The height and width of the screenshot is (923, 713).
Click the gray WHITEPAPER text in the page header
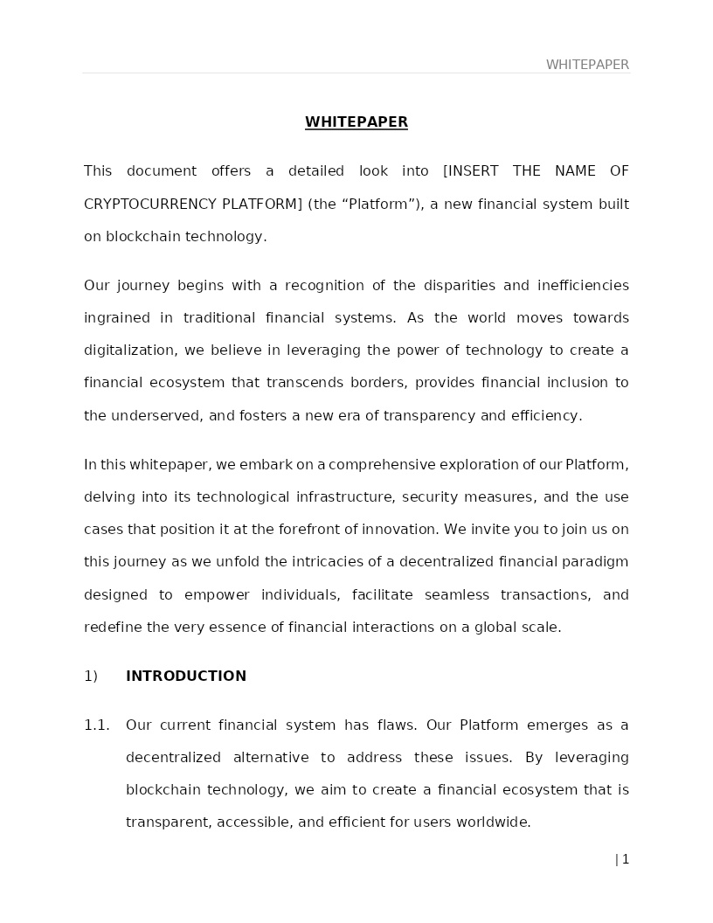coord(587,65)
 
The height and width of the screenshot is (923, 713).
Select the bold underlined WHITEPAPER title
coord(356,122)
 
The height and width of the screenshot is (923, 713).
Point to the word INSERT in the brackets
coord(476,171)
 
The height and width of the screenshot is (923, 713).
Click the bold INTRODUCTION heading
coord(186,677)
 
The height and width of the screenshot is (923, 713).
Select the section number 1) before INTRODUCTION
coord(91,677)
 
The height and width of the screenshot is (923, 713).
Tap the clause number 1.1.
coord(97,725)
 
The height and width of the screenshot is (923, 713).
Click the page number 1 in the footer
coord(626,860)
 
